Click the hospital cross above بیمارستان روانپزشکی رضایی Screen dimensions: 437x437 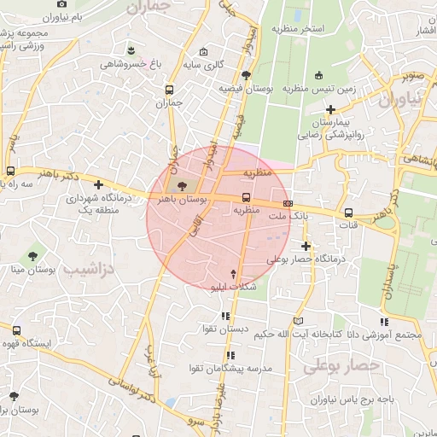pyautogui.click(x=331, y=109)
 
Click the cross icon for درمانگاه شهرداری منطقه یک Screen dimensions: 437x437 pyautogui.click(x=100, y=184)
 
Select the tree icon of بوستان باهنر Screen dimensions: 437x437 pyautogui.click(x=181, y=185)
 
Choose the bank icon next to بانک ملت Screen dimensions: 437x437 pyautogui.click(x=288, y=203)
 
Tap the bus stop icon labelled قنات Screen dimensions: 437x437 pyautogui.click(x=348, y=213)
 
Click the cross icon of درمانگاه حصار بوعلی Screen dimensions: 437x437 pyautogui.click(x=306, y=246)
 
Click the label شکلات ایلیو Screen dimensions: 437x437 pyautogui.click(x=234, y=288)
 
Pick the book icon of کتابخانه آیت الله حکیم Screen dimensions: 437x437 pyautogui.click(x=297, y=321)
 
